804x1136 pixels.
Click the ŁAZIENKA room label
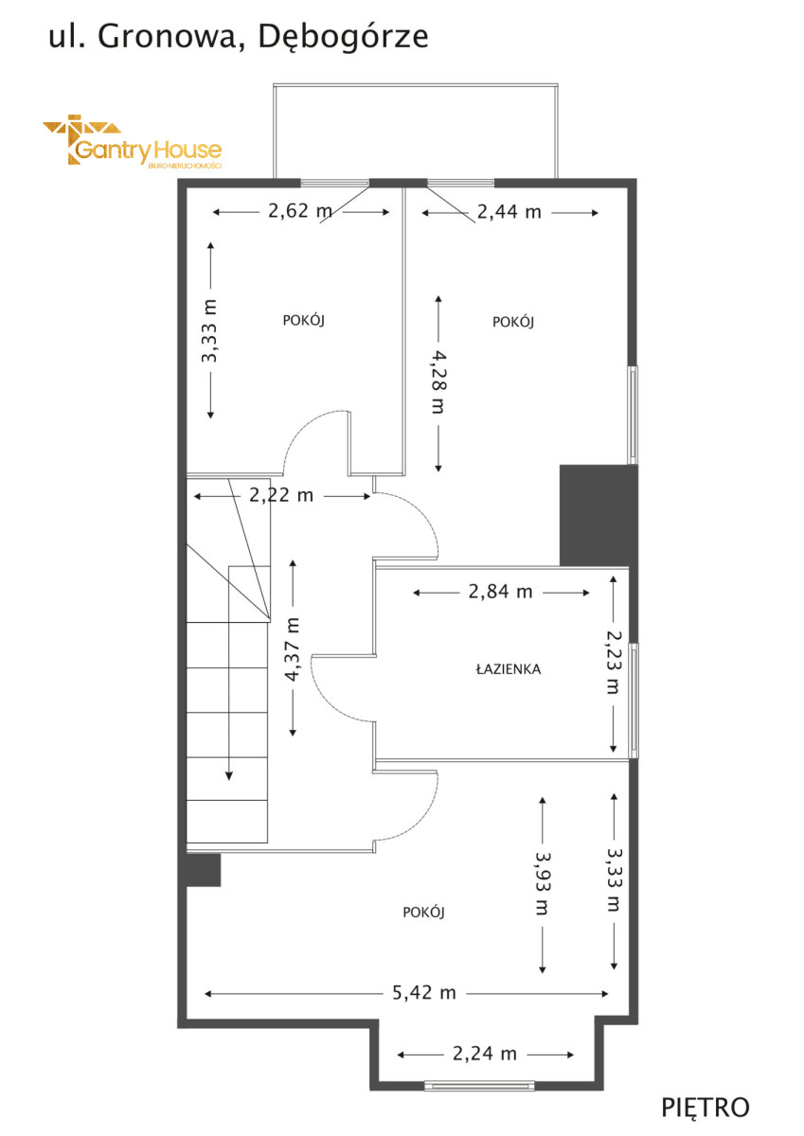click(x=509, y=669)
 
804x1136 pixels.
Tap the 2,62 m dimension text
click(x=300, y=211)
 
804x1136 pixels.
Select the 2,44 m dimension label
click(x=509, y=212)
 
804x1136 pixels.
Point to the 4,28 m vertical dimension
click(x=437, y=382)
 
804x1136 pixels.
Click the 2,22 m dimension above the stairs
click(x=281, y=495)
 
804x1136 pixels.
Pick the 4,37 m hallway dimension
click(x=293, y=648)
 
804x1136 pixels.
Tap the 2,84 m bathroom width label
click(x=501, y=592)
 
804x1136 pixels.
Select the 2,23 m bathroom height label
click(x=614, y=662)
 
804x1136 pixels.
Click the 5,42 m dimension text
click(x=424, y=992)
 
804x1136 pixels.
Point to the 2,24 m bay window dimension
click(x=485, y=1054)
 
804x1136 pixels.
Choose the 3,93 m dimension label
click(x=542, y=883)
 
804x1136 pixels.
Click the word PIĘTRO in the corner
click(x=706, y=1109)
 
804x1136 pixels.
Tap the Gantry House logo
click(x=133, y=140)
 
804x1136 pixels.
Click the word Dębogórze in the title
click(x=344, y=38)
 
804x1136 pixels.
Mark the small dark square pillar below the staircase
click(x=204, y=870)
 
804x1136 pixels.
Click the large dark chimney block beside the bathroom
click(x=599, y=516)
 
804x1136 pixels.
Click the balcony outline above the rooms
click(x=416, y=85)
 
